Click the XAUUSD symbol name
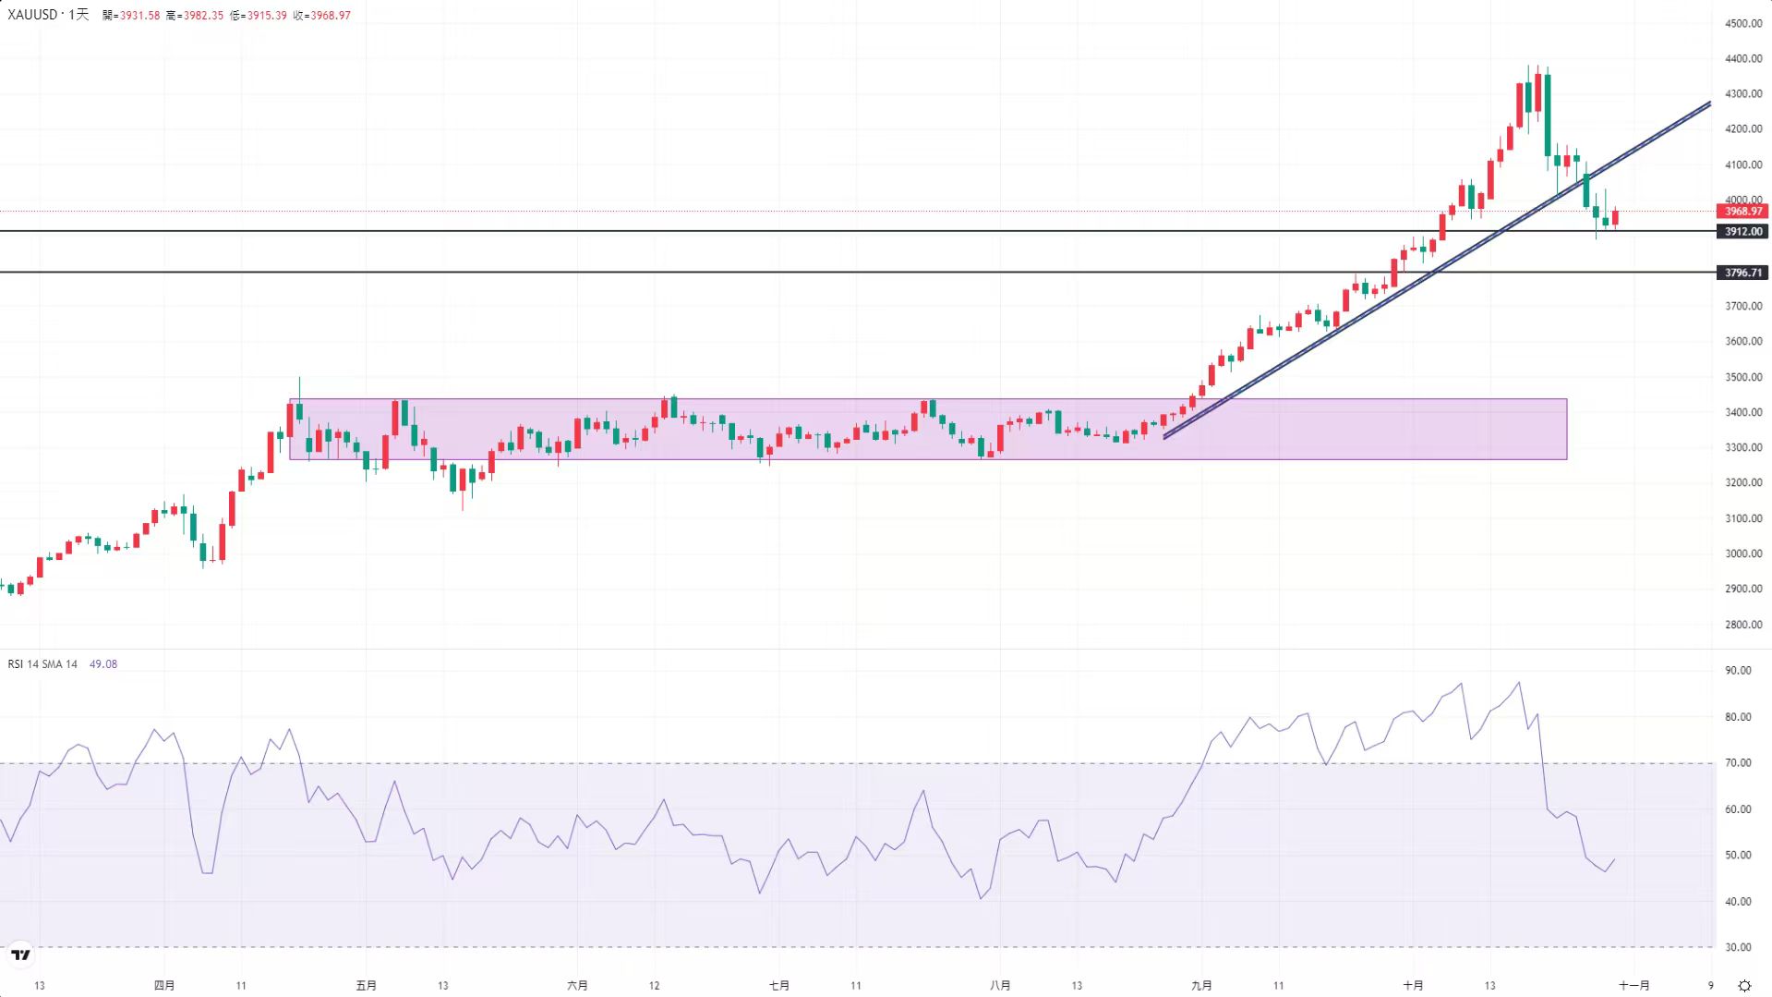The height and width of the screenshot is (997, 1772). (32, 15)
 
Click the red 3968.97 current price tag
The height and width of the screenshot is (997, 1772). (1742, 212)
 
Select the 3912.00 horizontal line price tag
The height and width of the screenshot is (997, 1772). (1742, 232)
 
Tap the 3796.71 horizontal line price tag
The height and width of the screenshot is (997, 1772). (1742, 273)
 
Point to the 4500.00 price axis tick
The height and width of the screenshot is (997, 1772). (1743, 23)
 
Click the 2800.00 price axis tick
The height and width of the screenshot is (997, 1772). (1743, 625)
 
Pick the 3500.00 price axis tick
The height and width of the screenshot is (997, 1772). (1743, 377)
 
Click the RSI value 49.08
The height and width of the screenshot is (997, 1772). (103, 664)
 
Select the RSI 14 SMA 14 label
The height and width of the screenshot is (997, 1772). (42, 664)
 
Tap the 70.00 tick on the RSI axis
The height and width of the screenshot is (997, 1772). (1738, 763)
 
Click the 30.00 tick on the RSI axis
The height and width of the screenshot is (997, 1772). (1738, 947)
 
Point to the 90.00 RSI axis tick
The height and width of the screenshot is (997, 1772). (1738, 671)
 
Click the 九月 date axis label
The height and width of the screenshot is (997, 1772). (1201, 986)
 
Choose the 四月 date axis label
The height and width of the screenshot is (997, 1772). (164, 986)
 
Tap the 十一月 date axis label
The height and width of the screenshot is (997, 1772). (1633, 986)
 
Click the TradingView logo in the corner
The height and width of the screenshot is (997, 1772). (20, 954)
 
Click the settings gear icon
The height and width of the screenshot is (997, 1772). (1744, 986)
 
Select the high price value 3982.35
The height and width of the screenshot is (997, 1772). (202, 16)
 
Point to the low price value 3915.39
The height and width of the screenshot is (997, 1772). (266, 16)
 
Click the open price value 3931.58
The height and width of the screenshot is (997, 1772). (139, 16)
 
